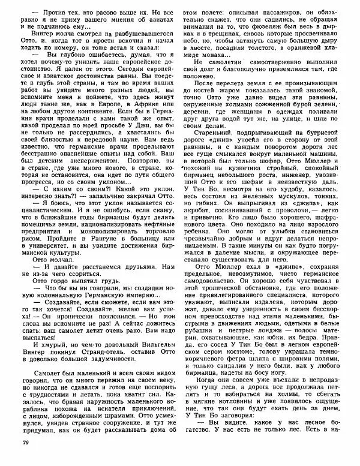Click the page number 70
(25, 459)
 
